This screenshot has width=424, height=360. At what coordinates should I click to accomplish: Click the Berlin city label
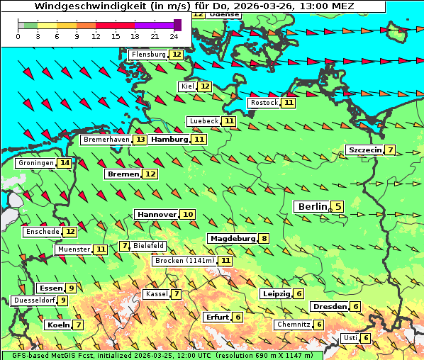pyautogui.click(x=311, y=207)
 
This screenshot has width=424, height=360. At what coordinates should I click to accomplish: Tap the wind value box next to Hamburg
pyautogui.click(x=199, y=140)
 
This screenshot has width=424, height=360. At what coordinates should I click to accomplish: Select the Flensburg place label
pyautogui.click(x=148, y=55)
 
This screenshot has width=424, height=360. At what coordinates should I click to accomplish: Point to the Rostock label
pyautogui.click(x=264, y=103)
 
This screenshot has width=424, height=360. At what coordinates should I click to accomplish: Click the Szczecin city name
pyautogui.click(x=364, y=150)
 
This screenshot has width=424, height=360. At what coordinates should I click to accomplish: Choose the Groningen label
pyautogui.click(x=36, y=163)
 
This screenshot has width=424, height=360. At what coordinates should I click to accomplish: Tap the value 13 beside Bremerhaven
pyautogui.click(x=140, y=140)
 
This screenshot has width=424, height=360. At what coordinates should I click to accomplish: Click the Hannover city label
pyautogui.click(x=157, y=214)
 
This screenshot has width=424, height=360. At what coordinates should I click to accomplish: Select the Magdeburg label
pyautogui.click(x=232, y=238)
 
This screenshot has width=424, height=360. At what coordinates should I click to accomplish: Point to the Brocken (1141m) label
pyautogui.click(x=183, y=261)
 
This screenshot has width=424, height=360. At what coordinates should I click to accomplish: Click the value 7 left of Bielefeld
pyautogui.click(x=125, y=246)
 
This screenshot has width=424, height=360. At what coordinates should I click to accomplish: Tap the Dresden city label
pyautogui.click(x=329, y=307)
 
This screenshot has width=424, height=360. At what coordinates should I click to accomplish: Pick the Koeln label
pyautogui.click(x=57, y=325)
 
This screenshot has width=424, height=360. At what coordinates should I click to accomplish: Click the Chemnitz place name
pyautogui.click(x=293, y=325)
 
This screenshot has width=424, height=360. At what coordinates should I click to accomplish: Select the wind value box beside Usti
pyautogui.click(x=366, y=338)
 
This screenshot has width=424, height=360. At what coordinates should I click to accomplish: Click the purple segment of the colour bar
pyautogui.click(x=154, y=25)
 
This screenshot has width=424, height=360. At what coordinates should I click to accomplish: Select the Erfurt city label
pyautogui.click(x=216, y=317)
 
